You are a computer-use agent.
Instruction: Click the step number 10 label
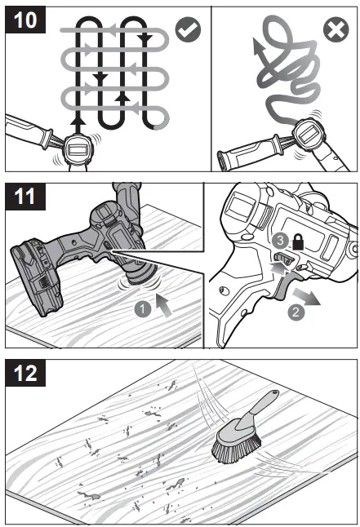(25, 20)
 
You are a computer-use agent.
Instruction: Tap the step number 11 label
(25, 197)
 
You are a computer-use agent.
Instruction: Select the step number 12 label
(25, 373)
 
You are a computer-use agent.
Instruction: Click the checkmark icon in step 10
(188, 30)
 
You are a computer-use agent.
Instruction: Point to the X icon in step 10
(336, 29)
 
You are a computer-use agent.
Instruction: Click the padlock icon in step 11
(298, 242)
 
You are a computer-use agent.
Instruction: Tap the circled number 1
(143, 308)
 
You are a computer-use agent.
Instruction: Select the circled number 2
(296, 312)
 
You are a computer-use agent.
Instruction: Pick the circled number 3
(280, 241)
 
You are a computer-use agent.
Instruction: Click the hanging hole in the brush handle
(275, 392)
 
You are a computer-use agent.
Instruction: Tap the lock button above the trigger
(284, 259)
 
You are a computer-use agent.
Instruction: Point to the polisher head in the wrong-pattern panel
(308, 135)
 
